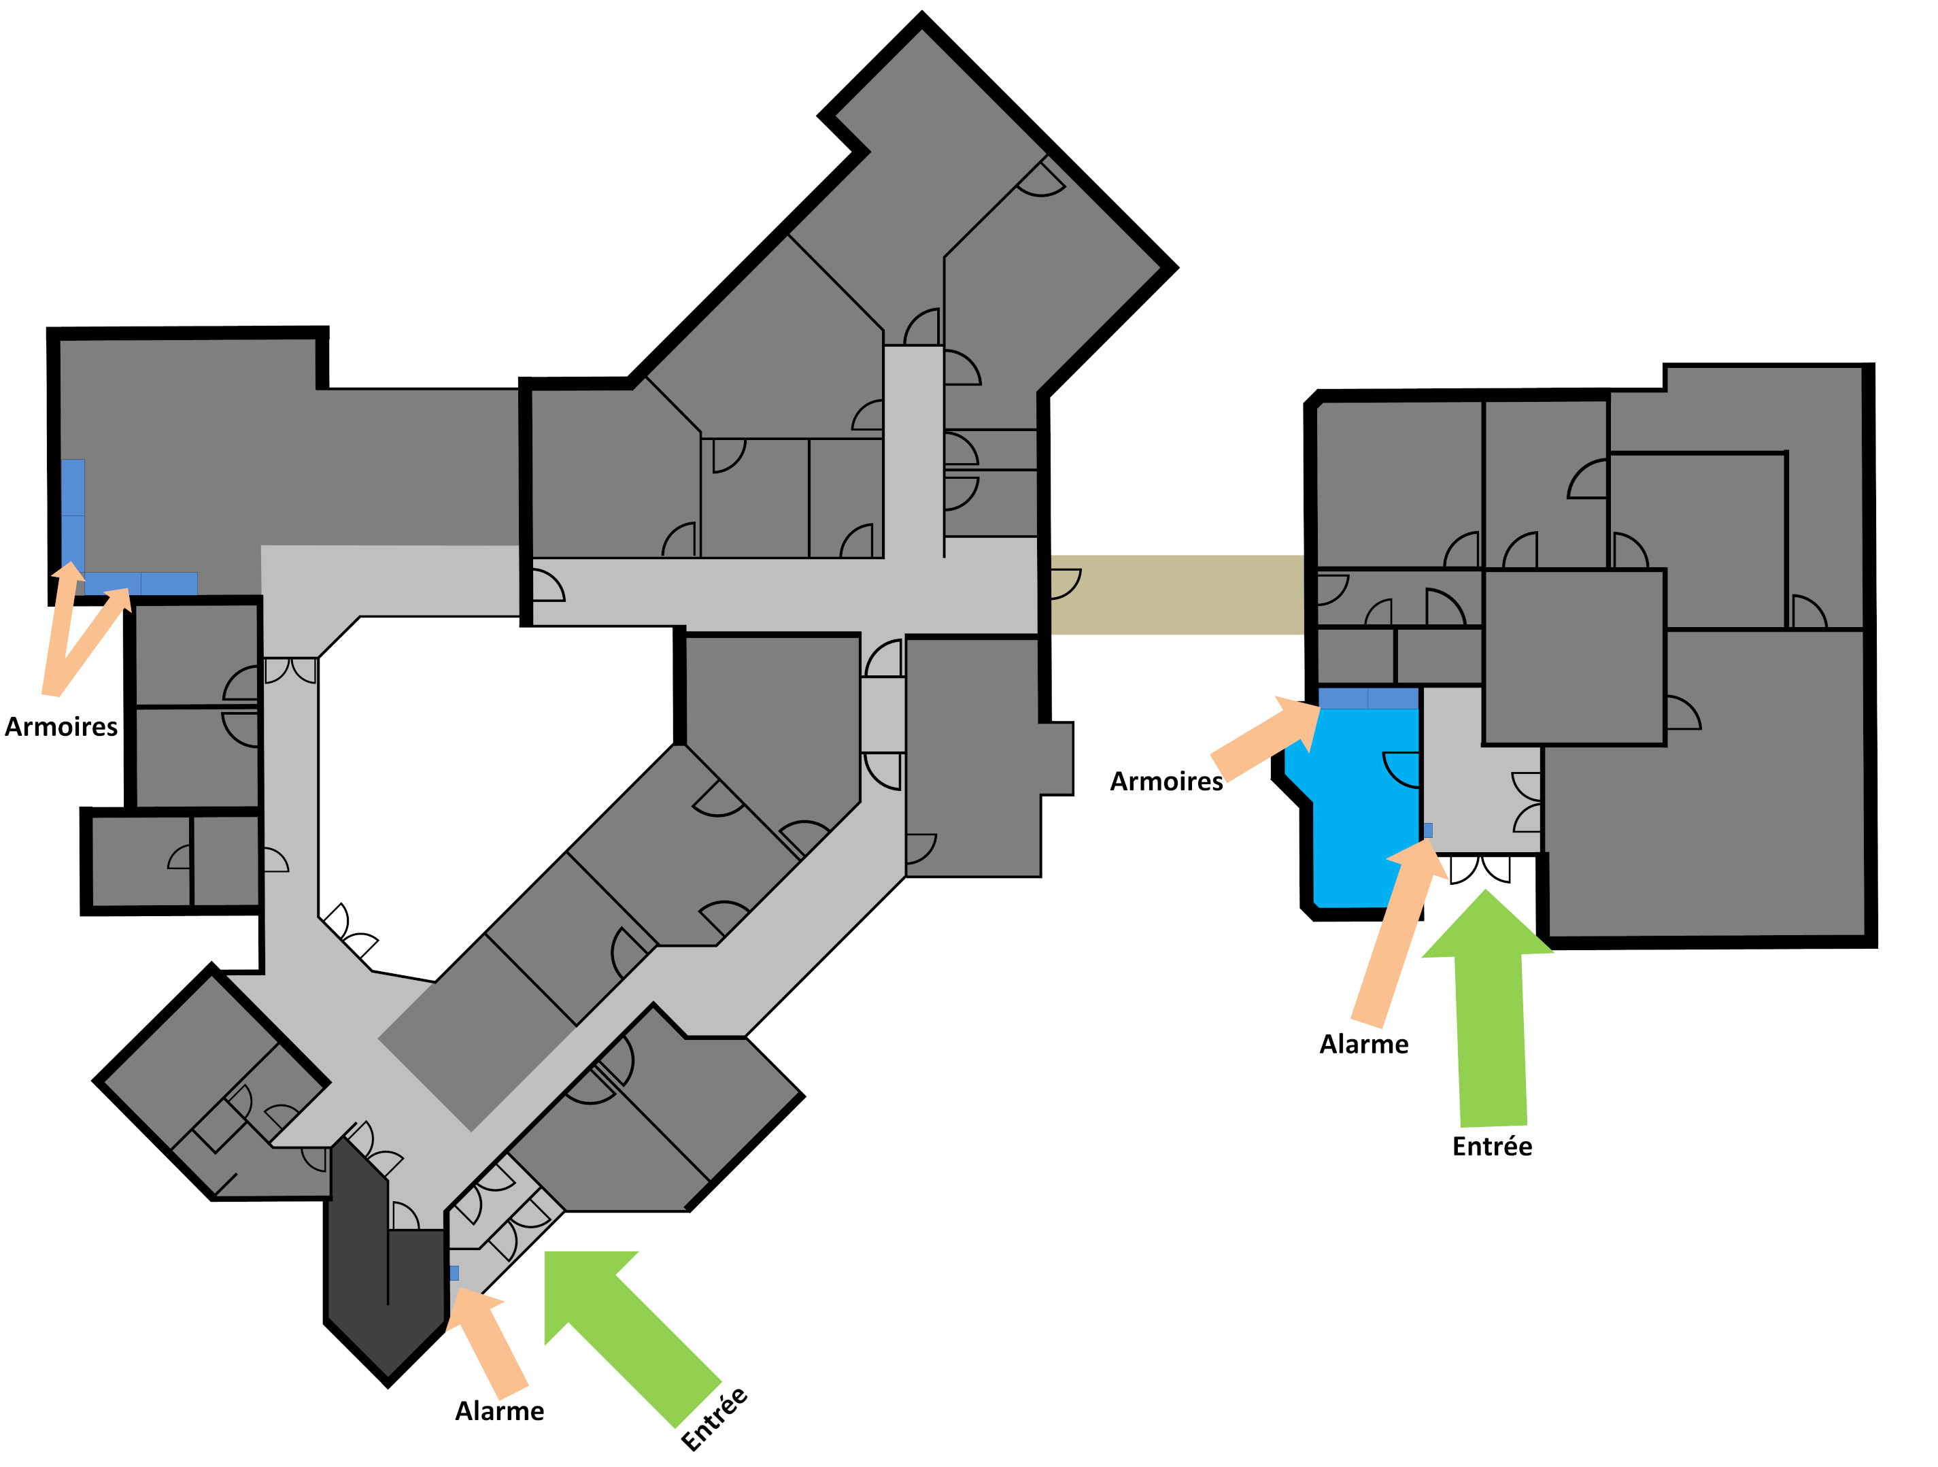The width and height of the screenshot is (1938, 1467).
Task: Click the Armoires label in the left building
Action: [x=61, y=727]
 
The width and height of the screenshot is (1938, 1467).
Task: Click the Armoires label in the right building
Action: [x=1166, y=781]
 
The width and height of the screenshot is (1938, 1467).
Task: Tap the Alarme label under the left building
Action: [x=499, y=1412]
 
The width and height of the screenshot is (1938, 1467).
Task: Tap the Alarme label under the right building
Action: [x=1364, y=1045]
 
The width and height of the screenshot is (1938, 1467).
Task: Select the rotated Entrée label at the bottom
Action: [x=714, y=1419]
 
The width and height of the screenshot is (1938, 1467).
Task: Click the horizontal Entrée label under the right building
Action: [x=1492, y=1147]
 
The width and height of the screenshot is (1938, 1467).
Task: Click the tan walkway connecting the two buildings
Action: [x=1176, y=594]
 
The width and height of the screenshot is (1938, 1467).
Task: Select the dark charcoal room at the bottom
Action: [x=386, y=1288]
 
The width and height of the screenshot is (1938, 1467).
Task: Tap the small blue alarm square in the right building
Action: [x=1428, y=830]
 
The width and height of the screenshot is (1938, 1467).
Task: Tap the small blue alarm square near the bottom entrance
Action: [x=454, y=1272]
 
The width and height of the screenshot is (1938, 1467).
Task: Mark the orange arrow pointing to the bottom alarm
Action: [x=491, y=1340]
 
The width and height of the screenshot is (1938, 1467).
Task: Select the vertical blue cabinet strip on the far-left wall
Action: [x=73, y=517]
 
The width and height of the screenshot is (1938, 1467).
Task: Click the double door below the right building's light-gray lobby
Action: [x=1480, y=869]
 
